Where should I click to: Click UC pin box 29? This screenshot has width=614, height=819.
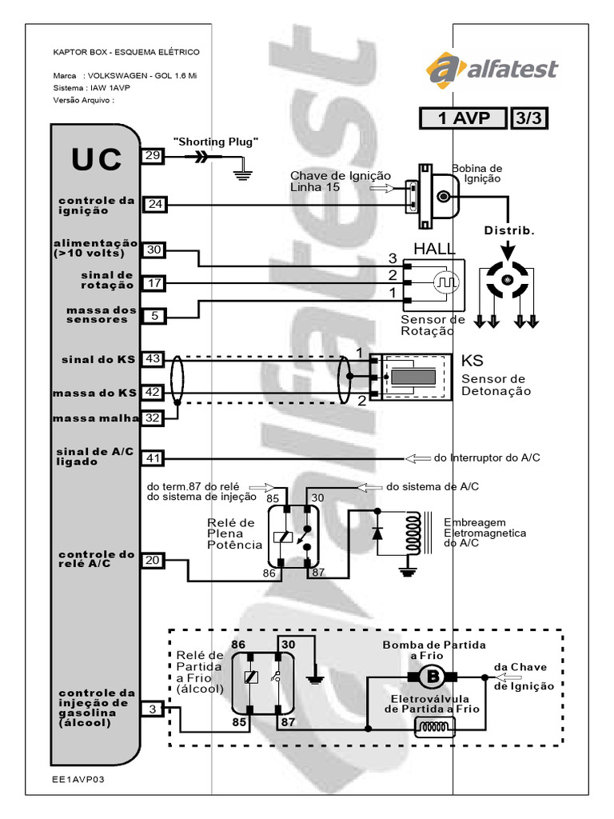[153, 156]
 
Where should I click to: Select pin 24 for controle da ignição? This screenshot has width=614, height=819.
[155, 205]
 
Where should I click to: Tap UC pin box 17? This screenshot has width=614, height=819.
[155, 282]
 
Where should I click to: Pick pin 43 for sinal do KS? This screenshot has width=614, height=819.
[153, 360]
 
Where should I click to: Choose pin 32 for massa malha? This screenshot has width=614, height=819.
[153, 417]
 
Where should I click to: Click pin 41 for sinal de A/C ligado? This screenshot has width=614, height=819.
[153, 458]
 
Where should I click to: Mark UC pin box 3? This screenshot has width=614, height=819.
[153, 708]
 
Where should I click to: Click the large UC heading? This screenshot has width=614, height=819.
[97, 160]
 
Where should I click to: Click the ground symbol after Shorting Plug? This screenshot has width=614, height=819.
[241, 171]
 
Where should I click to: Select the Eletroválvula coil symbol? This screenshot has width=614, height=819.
[434, 727]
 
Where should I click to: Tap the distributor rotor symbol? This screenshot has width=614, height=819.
[506, 280]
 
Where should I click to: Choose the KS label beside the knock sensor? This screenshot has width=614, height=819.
[473, 360]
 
